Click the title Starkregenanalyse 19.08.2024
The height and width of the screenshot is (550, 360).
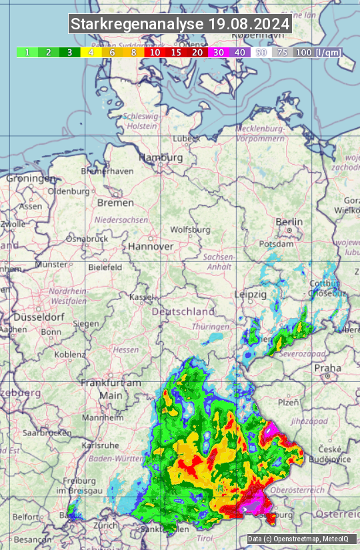pyautogui.click(x=180, y=25)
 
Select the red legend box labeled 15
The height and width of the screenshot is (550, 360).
pyautogui.click(x=176, y=52)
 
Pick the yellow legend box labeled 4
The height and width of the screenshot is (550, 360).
pyautogui.click(x=90, y=52)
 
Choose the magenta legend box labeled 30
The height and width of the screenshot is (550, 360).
pyautogui.click(x=219, y=52)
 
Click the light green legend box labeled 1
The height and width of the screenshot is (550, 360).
pyautogui.click(x=27, y=52)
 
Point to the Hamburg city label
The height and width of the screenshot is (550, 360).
pyautogui.click(x=160, y=158)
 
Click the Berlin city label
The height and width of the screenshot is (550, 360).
pyautogui.click(x=289, y=222)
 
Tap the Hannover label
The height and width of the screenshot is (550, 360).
pyautogui.click(x=151, y=246)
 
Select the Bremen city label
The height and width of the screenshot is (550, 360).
pyautogui.click(x=115, y=202)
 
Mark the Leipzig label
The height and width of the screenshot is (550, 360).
pyautogui.click(x=251, y=294)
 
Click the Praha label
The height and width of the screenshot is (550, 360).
pyautogui.click(x=327, y=367)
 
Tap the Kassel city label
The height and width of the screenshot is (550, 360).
pyautogui.click(x=141, y=297)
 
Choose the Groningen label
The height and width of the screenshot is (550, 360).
pyautogui.click(x=31, y=179)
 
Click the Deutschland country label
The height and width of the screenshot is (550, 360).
pyautogui.click(x=183, y=311)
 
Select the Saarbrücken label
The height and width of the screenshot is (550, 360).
pyautogui.click(x=47, y=432)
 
